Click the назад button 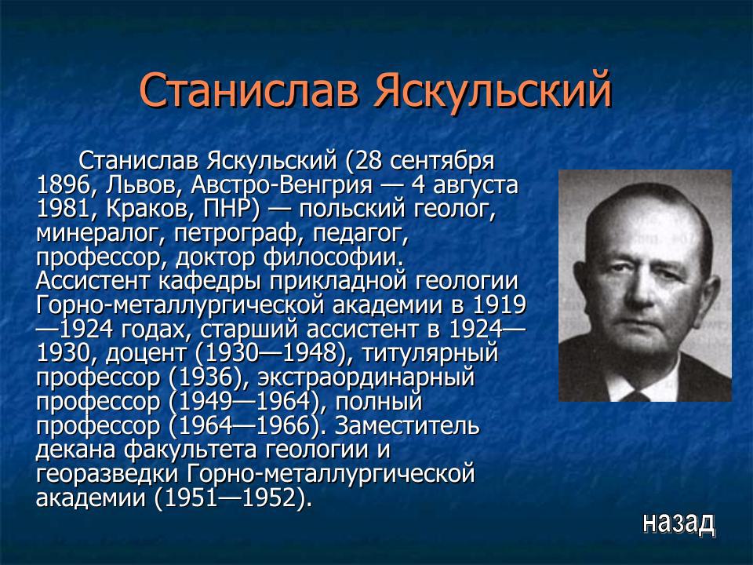pos(678,523)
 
